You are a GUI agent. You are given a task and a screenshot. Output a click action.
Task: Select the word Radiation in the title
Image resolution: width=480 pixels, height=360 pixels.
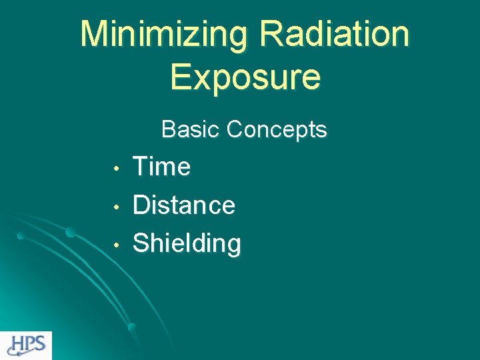335,35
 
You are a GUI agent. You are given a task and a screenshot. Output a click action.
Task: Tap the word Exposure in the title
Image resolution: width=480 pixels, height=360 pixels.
245,76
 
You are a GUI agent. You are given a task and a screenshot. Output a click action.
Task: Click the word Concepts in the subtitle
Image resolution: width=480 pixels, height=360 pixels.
277,129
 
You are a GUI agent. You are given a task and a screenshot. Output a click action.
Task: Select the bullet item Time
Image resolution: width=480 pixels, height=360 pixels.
162,167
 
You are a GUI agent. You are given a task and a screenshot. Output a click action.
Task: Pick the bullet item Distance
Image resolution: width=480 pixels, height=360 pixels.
184,205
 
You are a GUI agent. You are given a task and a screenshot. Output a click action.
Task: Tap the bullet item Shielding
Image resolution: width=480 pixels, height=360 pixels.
187,243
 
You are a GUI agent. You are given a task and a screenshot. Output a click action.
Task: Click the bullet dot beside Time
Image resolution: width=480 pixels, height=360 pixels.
116,168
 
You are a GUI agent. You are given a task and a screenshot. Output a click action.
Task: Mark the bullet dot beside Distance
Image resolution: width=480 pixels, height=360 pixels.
116,207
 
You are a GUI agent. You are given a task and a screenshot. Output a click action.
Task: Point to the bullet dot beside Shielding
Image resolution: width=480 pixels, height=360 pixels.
116,245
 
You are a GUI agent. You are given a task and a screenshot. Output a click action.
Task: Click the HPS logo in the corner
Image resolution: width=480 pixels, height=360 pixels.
26,345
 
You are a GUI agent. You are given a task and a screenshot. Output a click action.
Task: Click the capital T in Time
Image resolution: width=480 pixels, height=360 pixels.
141,167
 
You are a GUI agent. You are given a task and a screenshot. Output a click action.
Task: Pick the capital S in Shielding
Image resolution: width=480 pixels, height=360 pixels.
142,243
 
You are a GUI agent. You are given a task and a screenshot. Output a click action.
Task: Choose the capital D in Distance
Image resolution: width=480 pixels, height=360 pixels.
142,205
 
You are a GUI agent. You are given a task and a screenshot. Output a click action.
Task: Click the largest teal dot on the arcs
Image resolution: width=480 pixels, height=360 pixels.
69,232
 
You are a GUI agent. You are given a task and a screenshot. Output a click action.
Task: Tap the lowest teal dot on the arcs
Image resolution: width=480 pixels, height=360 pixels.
131,327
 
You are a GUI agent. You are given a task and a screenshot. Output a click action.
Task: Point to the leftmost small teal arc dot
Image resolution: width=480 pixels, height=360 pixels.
21,235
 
